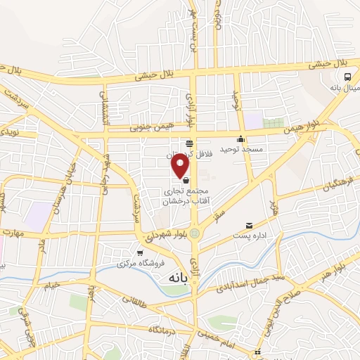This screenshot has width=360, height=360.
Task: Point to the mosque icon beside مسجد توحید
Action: pyautogui.click(x=241, y=139)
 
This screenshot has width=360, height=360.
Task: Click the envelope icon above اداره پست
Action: pyautogui.click(x=250, y=226)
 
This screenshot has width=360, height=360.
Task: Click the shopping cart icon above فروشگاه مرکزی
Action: pyautogui.click(x=140, y=252)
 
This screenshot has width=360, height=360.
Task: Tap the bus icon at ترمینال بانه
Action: pyautogui.click(x=347, y=77)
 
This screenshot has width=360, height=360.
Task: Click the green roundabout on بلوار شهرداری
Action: pyautogui.click(x=195, y=234)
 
